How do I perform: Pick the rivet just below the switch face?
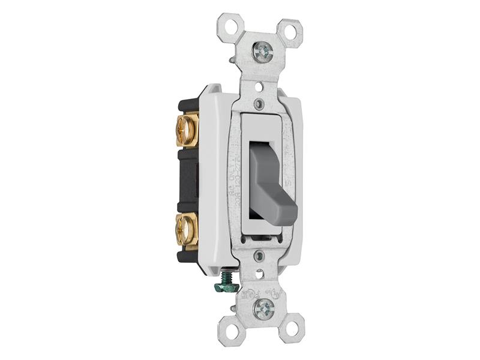259,257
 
